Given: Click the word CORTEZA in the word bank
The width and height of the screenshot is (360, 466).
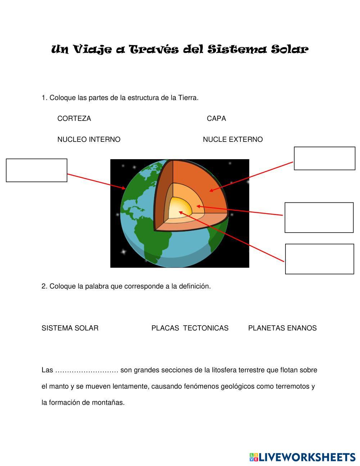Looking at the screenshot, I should (74, 118).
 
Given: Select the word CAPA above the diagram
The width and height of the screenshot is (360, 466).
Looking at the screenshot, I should (216, 118).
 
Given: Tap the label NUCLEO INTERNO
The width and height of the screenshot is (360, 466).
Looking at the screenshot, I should (89, 139).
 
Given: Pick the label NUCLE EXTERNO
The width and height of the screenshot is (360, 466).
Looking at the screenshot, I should (233, 139).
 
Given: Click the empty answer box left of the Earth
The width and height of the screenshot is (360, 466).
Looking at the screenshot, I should (37, 170).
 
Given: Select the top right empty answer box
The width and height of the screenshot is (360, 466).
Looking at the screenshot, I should (324, 158).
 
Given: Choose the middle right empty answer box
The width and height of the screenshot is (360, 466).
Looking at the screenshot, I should (319, 218).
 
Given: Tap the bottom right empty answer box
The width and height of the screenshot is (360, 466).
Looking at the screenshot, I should (319, 259).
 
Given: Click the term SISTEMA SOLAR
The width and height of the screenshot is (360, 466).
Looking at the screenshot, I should (70, 328).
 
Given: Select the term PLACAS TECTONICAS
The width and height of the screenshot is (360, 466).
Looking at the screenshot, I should (190, 328).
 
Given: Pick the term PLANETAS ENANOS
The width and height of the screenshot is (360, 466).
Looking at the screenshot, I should (282, 328).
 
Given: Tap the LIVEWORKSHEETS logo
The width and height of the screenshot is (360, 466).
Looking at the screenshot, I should (302, 457).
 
